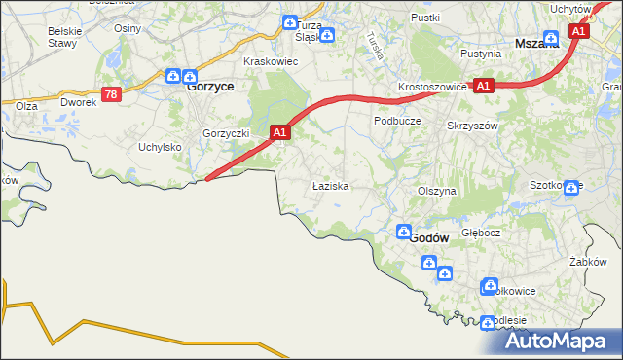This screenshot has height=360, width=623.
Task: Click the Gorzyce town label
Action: click(208, 86)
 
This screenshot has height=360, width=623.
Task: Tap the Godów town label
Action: click(428, 237)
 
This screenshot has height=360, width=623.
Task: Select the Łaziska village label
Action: click(329, 184)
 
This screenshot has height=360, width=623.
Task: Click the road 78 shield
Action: click(113, 93)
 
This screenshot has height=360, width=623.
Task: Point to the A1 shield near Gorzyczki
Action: click(279, 131)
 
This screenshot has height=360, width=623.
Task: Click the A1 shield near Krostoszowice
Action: click(484, 86)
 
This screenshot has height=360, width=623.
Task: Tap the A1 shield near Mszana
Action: click(578, 32)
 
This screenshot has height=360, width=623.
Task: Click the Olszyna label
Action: click(436, 192)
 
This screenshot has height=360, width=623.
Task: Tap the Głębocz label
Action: click(481, 234)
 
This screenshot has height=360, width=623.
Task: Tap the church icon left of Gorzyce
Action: click(173, 76)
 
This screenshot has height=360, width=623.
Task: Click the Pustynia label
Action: click(481, 54)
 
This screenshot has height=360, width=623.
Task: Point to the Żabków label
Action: click(588, 262)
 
